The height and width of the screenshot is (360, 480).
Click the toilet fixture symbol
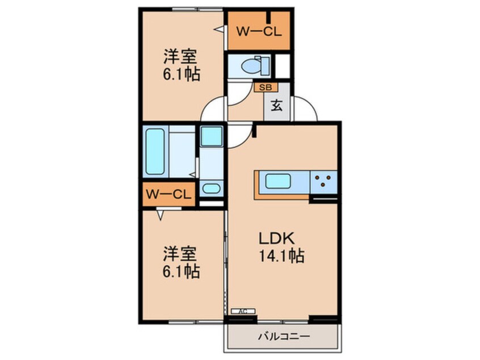click(x=252, y=66)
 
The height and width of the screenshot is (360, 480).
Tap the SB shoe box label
click(x=265, y=87)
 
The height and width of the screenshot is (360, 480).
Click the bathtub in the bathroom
click(x=154, y=151)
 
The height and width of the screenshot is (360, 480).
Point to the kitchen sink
click(x=279, y=183)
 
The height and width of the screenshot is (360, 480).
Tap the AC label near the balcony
click(x=243, y=311)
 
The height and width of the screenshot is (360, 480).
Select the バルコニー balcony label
click(x=284, y=337)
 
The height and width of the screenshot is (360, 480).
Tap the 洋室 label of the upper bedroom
click(x=180, y=57)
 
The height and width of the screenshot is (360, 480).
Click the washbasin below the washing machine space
click(x=211, y=189)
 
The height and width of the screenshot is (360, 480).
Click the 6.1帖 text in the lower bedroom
click(x=180, y=273)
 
